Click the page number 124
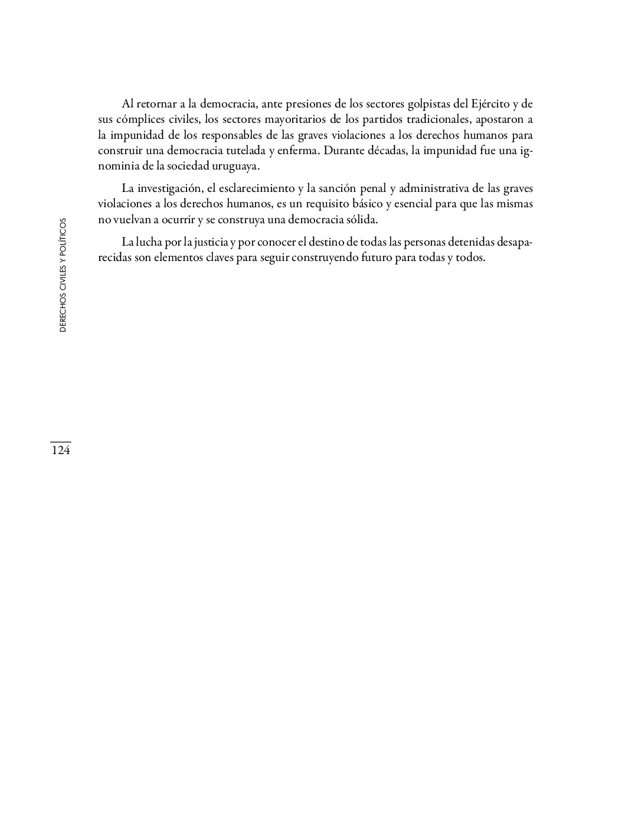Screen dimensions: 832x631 click(60, 451)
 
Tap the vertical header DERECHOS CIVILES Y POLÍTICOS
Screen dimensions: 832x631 click(63, 275)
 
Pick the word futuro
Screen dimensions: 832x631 click(373, 258)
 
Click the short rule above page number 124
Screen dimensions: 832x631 click(60, 442)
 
